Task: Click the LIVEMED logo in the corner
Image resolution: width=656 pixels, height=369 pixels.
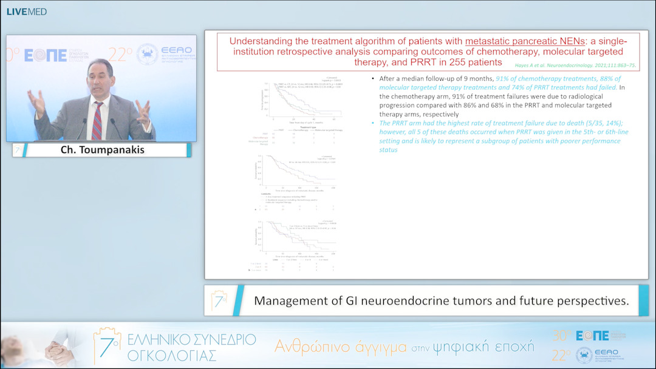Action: click(x=26, y=12)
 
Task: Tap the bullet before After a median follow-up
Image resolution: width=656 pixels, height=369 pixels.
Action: click(x=372, y=80)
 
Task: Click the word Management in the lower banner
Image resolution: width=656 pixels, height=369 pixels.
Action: click(x=289, y=300)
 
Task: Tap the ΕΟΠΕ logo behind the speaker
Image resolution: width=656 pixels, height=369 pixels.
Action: click(x=46, y=55)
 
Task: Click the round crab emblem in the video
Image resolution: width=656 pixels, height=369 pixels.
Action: click(x=148, y=55)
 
